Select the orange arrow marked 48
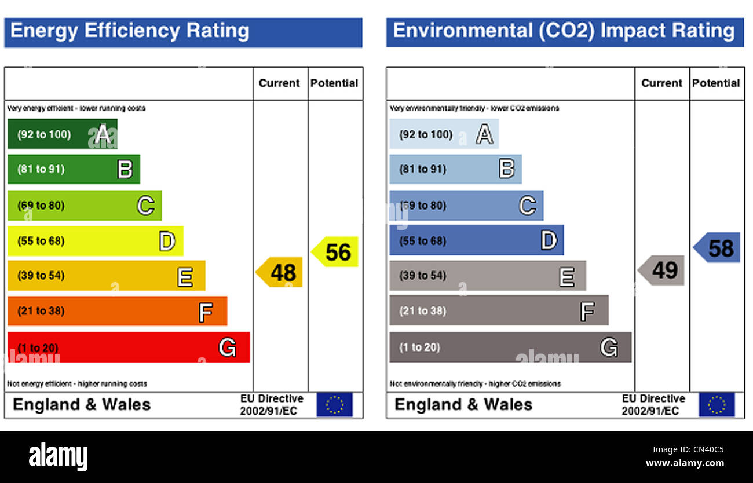[x=280, y=272]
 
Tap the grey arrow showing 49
[x=661, y=270]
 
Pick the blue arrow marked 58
[x=717, y=248]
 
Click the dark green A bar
[x=63, y=134]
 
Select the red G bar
[x=129, y=347]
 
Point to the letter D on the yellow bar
[x=167, y=241]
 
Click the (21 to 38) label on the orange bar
[x=41, y=311]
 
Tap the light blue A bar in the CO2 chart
[x=444, y=134]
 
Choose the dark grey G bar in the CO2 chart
[x=510, y=347]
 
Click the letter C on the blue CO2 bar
[x=527, y=206]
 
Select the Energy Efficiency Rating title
[x=130, y=31]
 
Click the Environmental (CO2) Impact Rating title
[x=564, y=31]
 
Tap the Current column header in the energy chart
[x=279, y=83]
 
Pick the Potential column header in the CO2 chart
[x=716, y=83]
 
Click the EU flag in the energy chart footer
[x=334, y=405]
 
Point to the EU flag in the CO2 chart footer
[x=717, y=405]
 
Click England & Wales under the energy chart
[x=82, y=405]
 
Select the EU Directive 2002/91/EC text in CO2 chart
[x=653, y=405]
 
